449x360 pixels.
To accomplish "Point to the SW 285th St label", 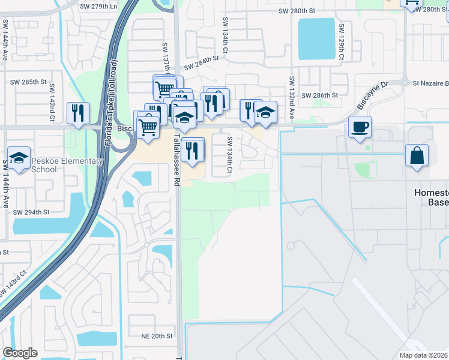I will (28, 82).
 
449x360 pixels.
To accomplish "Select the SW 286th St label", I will (319, 95).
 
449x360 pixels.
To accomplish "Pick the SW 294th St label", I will (31, 212).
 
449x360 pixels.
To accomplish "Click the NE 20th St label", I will (157, 336).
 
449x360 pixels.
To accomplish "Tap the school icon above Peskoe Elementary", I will (19, 158).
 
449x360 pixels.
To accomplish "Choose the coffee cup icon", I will (360, 127).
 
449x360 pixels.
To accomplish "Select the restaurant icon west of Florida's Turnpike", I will (78, 113).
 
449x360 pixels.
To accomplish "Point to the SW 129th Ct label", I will (341, 41).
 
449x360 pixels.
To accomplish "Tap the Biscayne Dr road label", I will (373, 97).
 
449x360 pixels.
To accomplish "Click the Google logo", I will (20, 353).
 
